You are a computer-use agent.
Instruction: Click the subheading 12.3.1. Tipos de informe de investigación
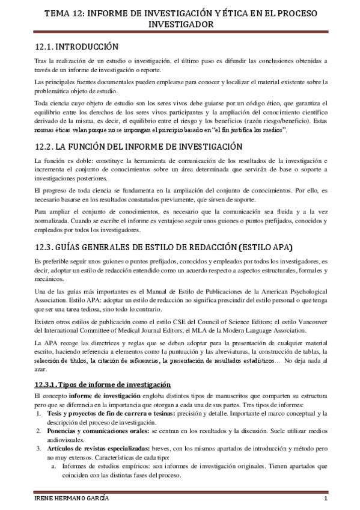point(103,384)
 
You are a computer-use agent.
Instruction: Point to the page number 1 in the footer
point(325,501)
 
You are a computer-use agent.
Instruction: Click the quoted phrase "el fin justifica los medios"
point(240,130)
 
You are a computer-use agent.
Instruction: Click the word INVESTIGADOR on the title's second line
point(180,25)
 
